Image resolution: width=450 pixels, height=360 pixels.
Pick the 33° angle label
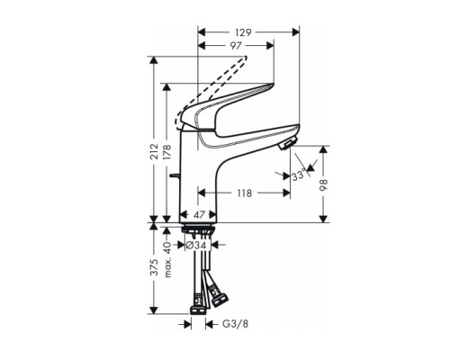tap(298, 177)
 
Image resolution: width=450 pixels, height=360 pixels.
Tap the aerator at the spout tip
tap(286, 147)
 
